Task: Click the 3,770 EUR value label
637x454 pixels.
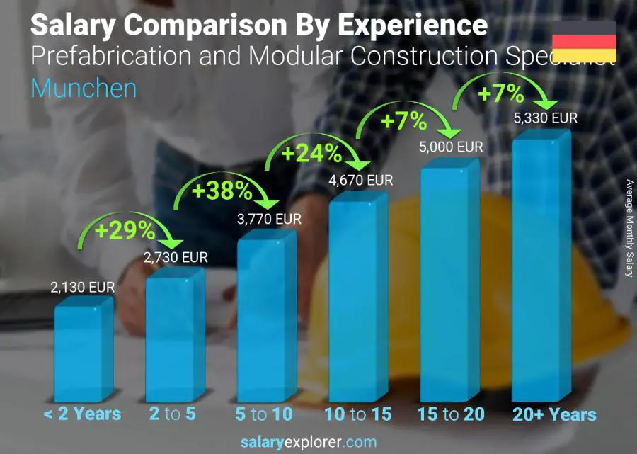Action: pos(269,219)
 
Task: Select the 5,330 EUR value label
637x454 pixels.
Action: pos(545,118)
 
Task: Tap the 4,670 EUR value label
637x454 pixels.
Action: pos(360,181)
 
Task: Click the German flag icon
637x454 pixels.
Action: pos(583,41)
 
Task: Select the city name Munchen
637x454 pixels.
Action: pos(84,89)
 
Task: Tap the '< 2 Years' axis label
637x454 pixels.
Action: pos(82,414)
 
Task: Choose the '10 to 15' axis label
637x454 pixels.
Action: pos(357,414)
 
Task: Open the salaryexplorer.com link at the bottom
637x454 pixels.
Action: pos(309,442)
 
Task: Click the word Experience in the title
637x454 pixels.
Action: pos(413,25)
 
